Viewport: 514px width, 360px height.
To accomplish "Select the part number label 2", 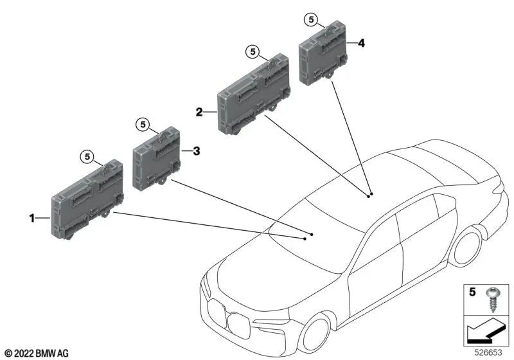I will (x=200, y=112).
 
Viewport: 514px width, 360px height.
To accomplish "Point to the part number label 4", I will (x=361, y=43).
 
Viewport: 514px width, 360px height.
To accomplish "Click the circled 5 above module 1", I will (x=87, y=155).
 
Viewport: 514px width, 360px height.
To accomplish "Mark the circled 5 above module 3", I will (x=143, y=123).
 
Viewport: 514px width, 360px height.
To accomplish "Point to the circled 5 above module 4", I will (x=310, y=21).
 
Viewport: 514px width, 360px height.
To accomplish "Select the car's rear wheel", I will (x=466, y=248).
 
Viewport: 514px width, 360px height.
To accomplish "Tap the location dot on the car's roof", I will (x=369, y=194).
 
